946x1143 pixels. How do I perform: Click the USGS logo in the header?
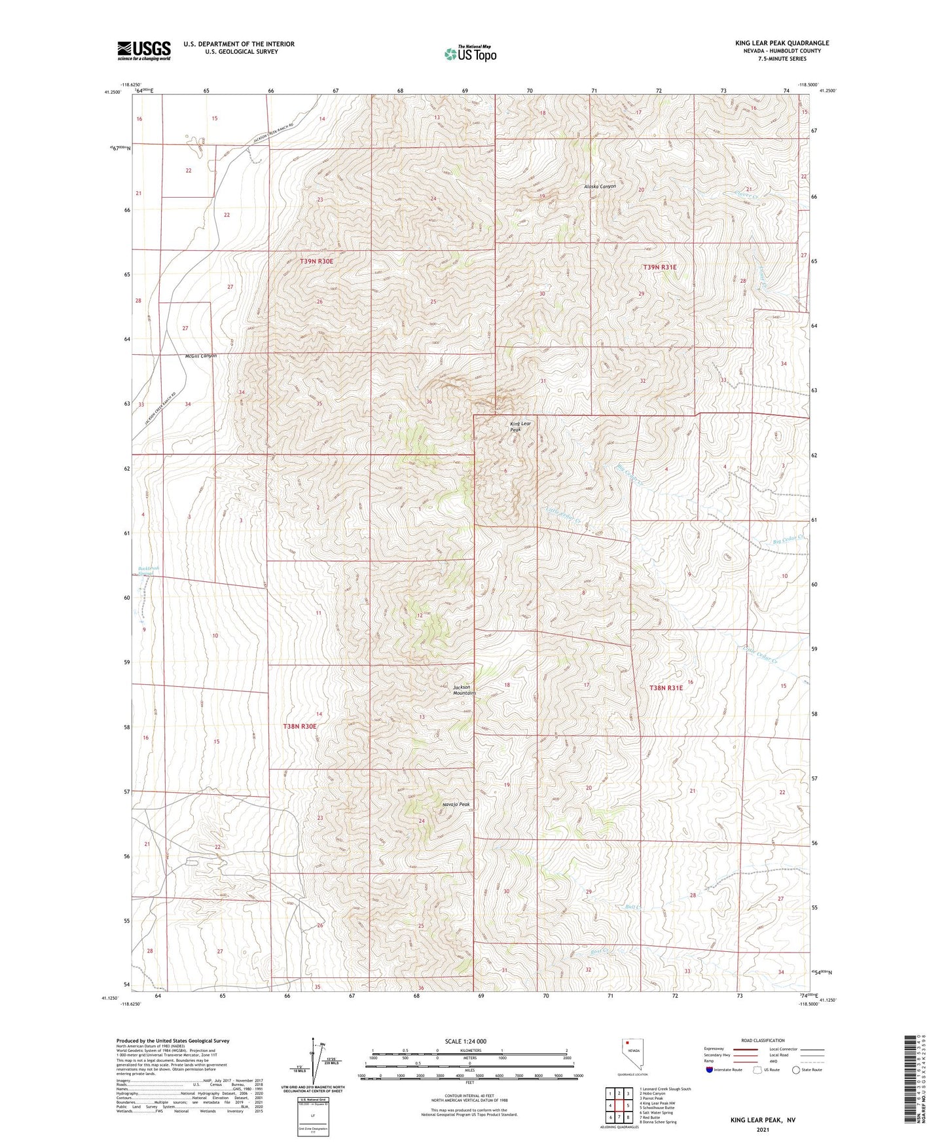tap(144, 50)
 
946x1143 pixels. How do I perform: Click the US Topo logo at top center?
tap(470, 54)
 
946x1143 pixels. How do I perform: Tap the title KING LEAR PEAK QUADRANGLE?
tap(782, 43)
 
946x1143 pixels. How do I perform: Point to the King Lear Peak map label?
tap(520, 427)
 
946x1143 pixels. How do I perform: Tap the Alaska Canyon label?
tap(600, 187)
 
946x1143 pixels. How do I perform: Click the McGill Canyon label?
tap(200, 355)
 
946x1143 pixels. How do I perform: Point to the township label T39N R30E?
tap(316, 261)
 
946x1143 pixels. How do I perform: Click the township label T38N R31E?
tap(666, 688)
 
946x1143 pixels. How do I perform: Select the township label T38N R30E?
tap(300, 726)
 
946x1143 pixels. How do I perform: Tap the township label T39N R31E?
tap(659, 267)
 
